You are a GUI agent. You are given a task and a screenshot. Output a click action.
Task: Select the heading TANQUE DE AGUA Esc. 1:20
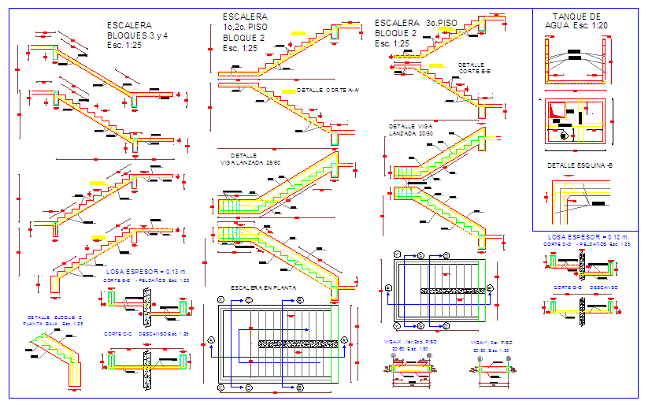pos(575,21)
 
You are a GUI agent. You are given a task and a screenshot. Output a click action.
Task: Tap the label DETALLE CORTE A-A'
pos(328,91)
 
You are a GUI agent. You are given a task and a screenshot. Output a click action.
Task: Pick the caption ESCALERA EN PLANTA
pos(263,287)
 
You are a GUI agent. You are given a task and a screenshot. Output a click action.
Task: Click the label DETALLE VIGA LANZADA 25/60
pos(250,159)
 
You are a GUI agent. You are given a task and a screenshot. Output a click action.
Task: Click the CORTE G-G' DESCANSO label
pos(584,287)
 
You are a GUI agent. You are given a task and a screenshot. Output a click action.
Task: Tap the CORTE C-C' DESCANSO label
pos(146,334)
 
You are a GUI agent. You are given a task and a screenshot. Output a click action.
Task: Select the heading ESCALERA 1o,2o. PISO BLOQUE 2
pos(244,32)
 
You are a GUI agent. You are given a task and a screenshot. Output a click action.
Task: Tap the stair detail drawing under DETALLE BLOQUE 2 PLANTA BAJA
pos(55,358)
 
